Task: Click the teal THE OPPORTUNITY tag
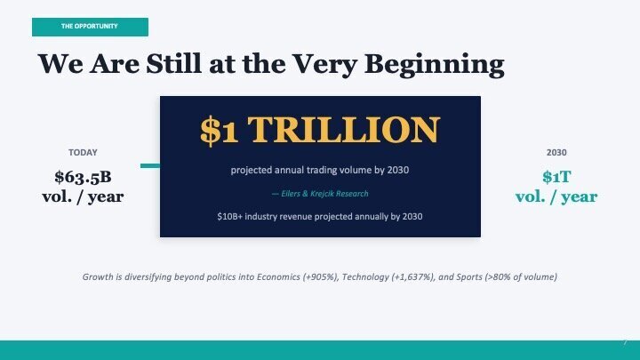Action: pyautogui.click(x=90, y=27)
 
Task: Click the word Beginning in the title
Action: pyautogui.click(x=435, y=65)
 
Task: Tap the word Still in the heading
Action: pyautogui.click(x=174, y=63)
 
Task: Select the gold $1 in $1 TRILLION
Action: pyautogui.click(x=220, y=130)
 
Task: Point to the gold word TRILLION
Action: pyautogui.click(x=344, y=130)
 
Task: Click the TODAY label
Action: pyautogui.click(x=83, y=153)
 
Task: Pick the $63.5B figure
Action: pyautogui.click(x=83, y=177)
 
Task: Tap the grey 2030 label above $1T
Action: pyautogui.click(x=556, y=153)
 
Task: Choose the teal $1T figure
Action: pyautogui.click(x=556, y=177)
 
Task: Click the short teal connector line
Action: pyautogui.click(x=150, y=165)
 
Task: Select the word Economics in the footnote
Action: pyautogui.click(x=278, y=276)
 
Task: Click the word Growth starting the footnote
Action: pyautogui.click(x=98, y=276)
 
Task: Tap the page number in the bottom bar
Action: pyautogui.click(x=625, y=342)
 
